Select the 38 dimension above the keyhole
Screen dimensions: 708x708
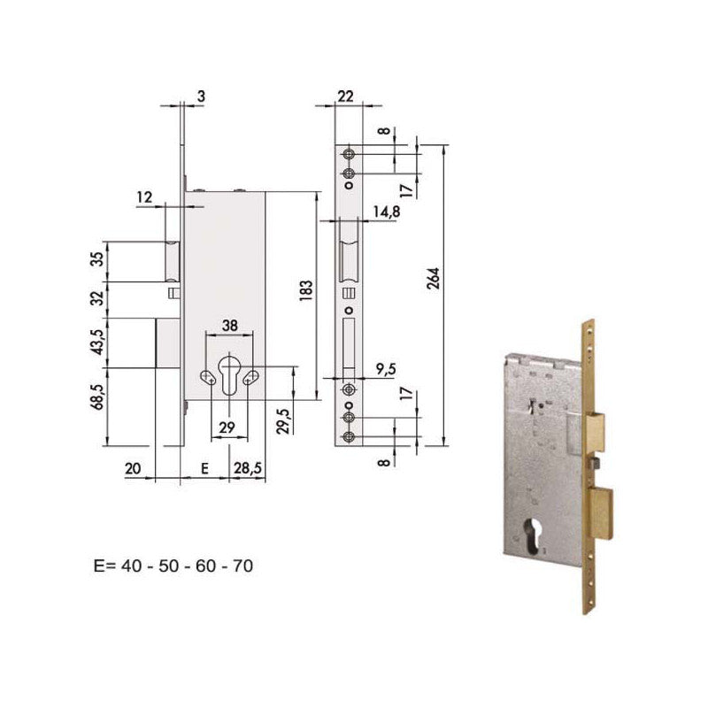click(x=228, y=325)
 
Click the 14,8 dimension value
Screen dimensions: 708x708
click(x=386, y=212)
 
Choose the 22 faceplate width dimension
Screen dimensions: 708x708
click(x=345, y=96)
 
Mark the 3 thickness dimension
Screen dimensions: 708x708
click(x=202, y=96)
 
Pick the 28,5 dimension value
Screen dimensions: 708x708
click(x=245, y=470)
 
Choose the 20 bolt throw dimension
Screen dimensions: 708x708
click(x=134, y=470)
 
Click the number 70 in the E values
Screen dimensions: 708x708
click(x=241, y=565)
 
